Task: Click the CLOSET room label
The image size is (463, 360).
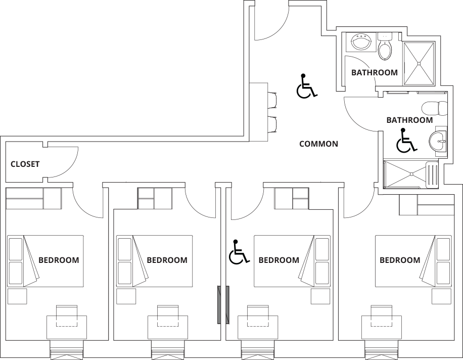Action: point(25,164)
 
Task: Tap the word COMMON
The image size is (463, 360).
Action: point(318,144)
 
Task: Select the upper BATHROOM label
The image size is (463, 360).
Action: point(375,72)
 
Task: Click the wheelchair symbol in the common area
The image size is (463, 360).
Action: point(307,86)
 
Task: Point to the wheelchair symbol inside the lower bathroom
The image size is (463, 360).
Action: point(406,140)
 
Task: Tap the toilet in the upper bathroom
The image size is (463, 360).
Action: point(385,47)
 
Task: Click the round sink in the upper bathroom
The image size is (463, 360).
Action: point(361,41)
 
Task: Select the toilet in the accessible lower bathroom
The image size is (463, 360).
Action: point(435,108)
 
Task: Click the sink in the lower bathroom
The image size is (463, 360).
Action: point(438,141)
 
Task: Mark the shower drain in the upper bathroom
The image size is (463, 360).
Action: point(419,64)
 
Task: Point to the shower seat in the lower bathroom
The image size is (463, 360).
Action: point(432,174)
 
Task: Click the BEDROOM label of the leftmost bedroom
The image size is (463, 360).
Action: point(59,260)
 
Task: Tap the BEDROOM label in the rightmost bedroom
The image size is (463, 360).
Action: point(400,260)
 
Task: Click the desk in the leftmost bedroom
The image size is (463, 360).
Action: point(67,328)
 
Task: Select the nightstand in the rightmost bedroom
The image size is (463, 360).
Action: point(441,296)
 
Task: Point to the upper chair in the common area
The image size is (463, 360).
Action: point(272,101)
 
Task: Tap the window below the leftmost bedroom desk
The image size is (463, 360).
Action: point(67,350)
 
